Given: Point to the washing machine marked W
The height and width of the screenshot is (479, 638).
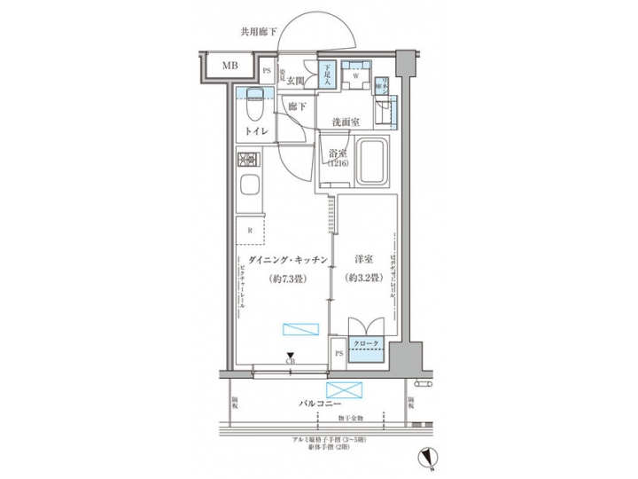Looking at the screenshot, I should pyautogui.click(x=354, y=76).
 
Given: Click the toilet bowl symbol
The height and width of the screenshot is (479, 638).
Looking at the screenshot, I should pyautogui.click(x=253, y=108).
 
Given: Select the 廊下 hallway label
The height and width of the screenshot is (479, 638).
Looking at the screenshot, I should pyautogui.click(x=297, y=106).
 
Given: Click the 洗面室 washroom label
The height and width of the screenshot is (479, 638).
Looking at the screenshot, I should pyautogui.click(x=345, y=122).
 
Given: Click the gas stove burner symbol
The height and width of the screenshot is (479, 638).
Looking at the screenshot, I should pyautogui.click(x=247, y=162).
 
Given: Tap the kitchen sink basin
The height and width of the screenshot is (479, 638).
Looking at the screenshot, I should pyautogui.click(x=249, y=189).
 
